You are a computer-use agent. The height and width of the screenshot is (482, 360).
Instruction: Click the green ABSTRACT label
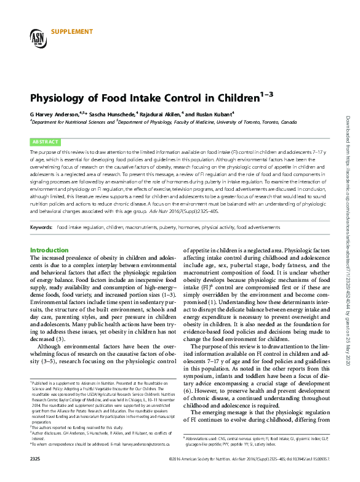pyautogui.click(x=45, y=141)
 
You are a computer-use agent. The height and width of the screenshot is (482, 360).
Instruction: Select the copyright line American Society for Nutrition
pyautogui.click(x=203, y=476)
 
